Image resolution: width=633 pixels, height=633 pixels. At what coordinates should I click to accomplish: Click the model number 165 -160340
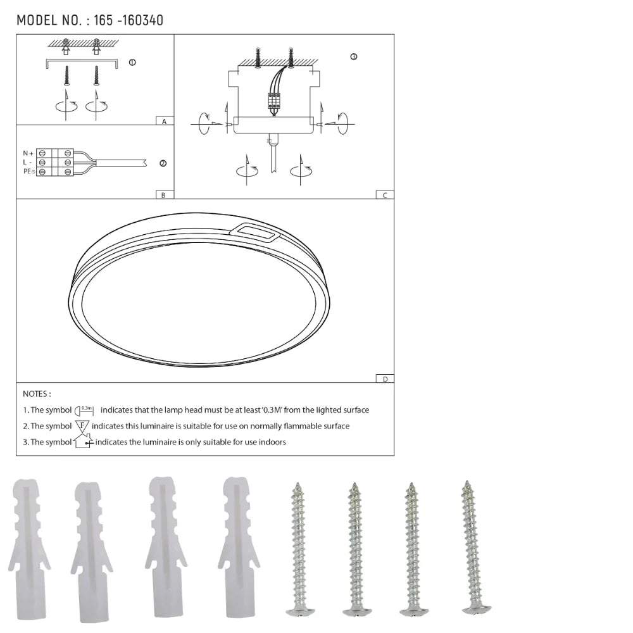(x=128, y=20)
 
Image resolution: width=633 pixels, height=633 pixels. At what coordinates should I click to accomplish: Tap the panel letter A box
(x=165, y=121)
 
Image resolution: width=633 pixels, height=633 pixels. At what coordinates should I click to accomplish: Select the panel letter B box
(x=165, y=194)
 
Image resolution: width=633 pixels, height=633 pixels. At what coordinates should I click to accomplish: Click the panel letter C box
(x=385, y=194)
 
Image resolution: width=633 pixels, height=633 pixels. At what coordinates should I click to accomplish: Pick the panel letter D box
(x=385, y=379)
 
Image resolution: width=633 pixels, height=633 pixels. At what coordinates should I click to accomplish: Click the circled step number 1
(x=132, y=62)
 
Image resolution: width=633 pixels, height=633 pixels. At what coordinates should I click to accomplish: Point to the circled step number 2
(x=163, y=163)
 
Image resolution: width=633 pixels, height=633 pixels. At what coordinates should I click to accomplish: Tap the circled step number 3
(x=354, y=57)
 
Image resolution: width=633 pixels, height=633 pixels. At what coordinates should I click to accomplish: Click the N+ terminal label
(x=28, y=153)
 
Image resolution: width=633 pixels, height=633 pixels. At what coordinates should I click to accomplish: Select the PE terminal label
(x=28, y=171)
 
